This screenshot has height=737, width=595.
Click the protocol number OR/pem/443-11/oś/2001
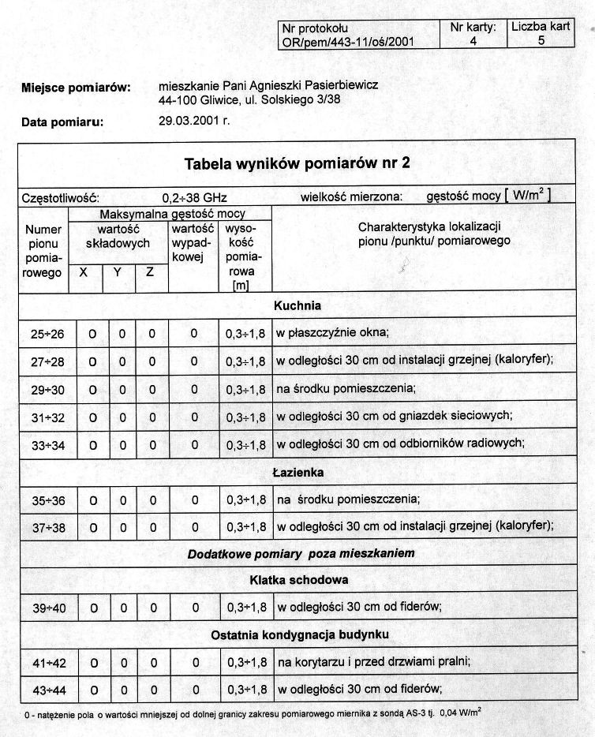pyautogui.click(x=348, y=42)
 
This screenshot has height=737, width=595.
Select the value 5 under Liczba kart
pyautogui.click(x=541, y=41)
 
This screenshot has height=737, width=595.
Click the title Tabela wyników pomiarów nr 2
pyautogui.click(x=297, y=163)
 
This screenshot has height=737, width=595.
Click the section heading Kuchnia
pyautogui.click(x=297, y=305)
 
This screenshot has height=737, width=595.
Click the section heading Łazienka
pyautogui.click(x=297, y=473)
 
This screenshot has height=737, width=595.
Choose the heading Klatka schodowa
pyautogui.click(x=297, y=580)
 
